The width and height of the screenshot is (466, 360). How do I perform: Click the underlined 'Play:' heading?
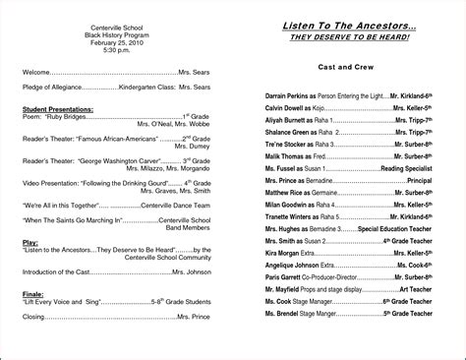click(29, 239)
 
